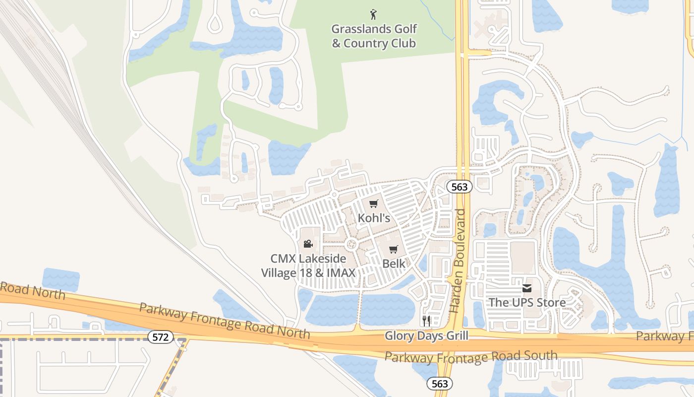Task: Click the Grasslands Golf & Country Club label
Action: click(374, 36)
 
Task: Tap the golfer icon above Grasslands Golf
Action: click(373, 14)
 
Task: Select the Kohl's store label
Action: click(374, 218)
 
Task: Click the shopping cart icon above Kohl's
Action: click(374, 204)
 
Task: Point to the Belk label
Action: click(394, 264)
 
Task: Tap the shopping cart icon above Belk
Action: click(394, 249)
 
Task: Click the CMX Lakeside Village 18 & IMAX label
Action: click(308, 265)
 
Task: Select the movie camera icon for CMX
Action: click(308, 244)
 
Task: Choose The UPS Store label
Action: click(527, 302)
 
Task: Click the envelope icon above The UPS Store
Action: click(526, 288)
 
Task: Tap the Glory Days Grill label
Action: click(426, 336)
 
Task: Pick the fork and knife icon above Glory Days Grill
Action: click(426, 320)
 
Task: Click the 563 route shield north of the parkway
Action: click(459, 187)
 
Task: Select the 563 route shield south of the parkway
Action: click(440, 384)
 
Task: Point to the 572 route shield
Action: click(161, 337)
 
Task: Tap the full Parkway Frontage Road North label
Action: click(225, 321)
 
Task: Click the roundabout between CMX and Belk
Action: click(352, 244)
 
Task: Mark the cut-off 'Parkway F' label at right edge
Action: click(664, 336)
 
